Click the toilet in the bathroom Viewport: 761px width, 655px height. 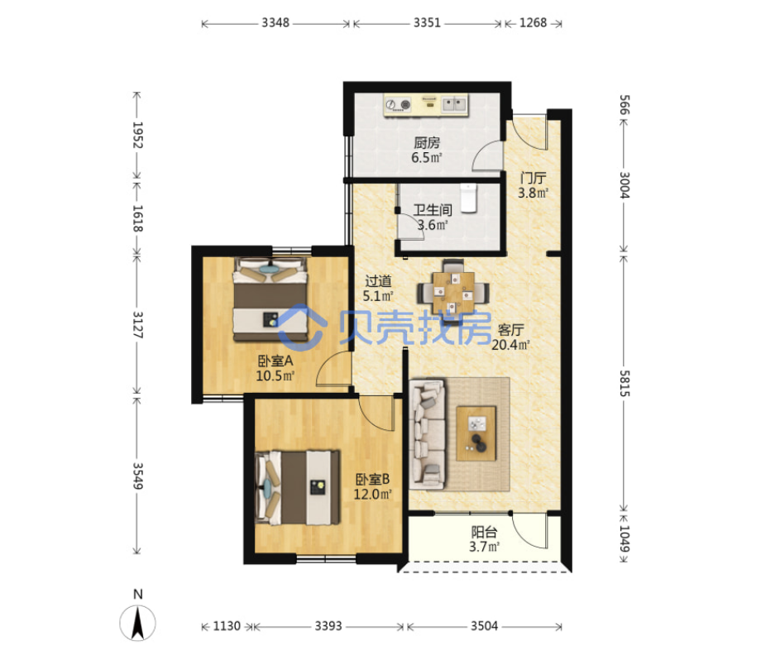coord(469,198)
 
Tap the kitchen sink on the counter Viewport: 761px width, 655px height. coord(454,104)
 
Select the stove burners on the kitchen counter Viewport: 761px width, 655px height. coord(398,104)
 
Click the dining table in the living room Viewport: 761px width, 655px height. coord(453,293)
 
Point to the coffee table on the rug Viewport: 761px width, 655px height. coord(476,433)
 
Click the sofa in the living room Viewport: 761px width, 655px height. coord(427,433)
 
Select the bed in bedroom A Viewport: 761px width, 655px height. coord(270,299)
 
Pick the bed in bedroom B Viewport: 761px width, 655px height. coord(297,487)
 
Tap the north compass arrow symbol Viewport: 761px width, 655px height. coord(138,623)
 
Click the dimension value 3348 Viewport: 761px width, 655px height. coord(275,23)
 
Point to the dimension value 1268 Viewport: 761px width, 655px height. coord(533,23)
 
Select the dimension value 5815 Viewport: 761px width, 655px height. coord(625,383)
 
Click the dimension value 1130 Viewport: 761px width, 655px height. coord(227,626)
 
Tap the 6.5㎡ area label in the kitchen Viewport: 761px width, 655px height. coord(427,158)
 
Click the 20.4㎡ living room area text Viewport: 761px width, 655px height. coord(510,345)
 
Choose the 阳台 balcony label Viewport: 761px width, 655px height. coord(484,533)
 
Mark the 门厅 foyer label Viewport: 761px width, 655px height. coord(533,178)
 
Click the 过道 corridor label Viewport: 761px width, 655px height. coord(378,281)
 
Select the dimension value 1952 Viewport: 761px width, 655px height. coord(138,135)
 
